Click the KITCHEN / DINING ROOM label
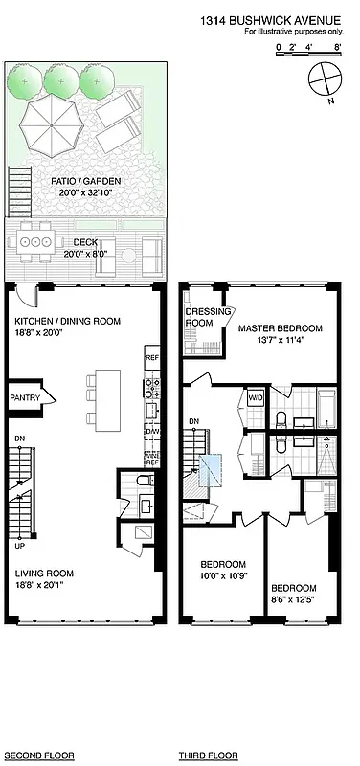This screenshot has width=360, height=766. tap(67, 327)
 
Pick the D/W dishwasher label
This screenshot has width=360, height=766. tap(151, 432)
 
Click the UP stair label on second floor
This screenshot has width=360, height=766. tap(19, 547)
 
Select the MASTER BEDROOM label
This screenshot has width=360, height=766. tap(280, 334)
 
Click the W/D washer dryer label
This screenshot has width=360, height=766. tap(256, 397)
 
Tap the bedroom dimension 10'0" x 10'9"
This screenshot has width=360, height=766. tap(222, 575)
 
